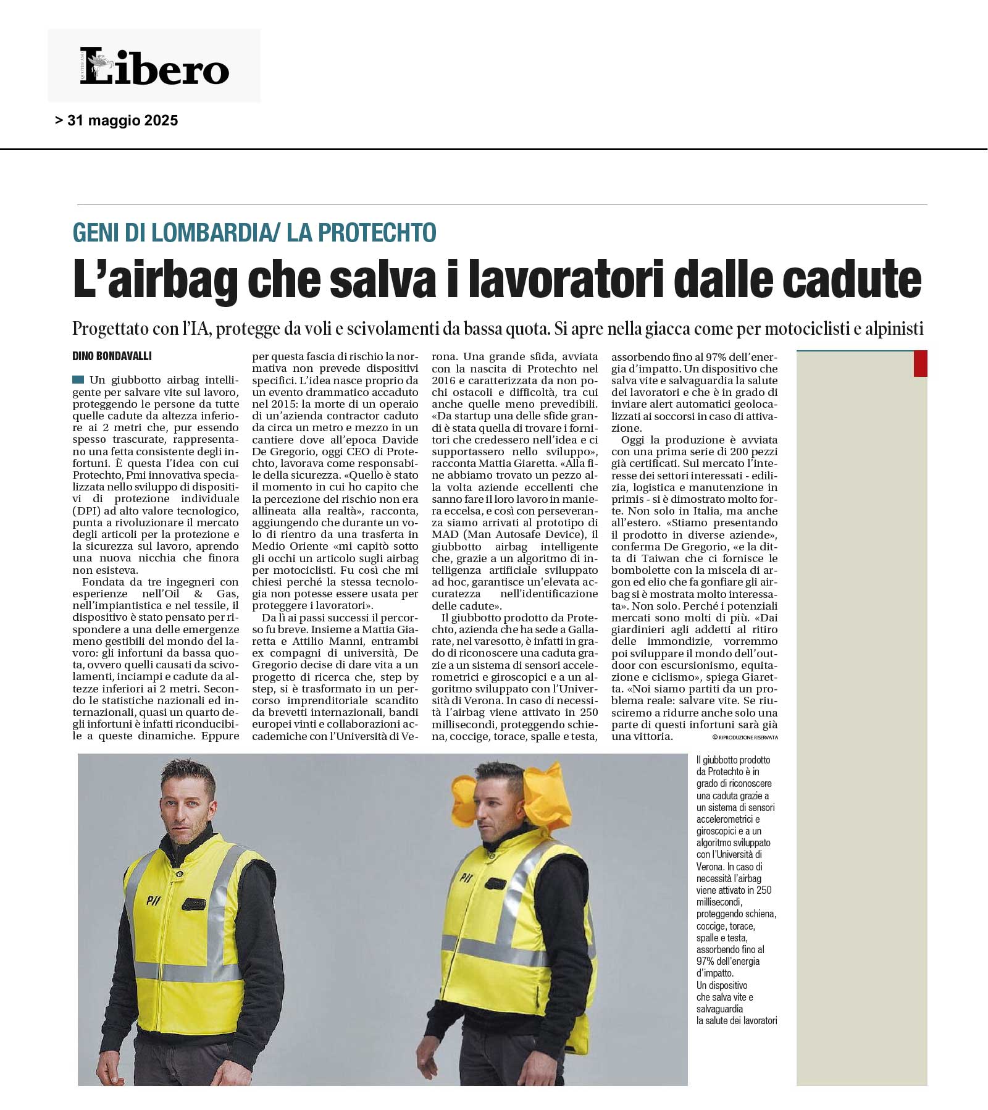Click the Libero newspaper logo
pos(154,66)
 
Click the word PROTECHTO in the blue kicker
pos(377,232)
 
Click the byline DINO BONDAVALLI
pos(112,356)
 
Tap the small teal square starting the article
pos(78,379)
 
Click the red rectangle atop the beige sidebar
pos(920,363)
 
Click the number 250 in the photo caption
pos(764,890)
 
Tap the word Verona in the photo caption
pos(710,867)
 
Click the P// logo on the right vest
pos(466,876)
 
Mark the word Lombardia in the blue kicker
pos(209,232)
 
